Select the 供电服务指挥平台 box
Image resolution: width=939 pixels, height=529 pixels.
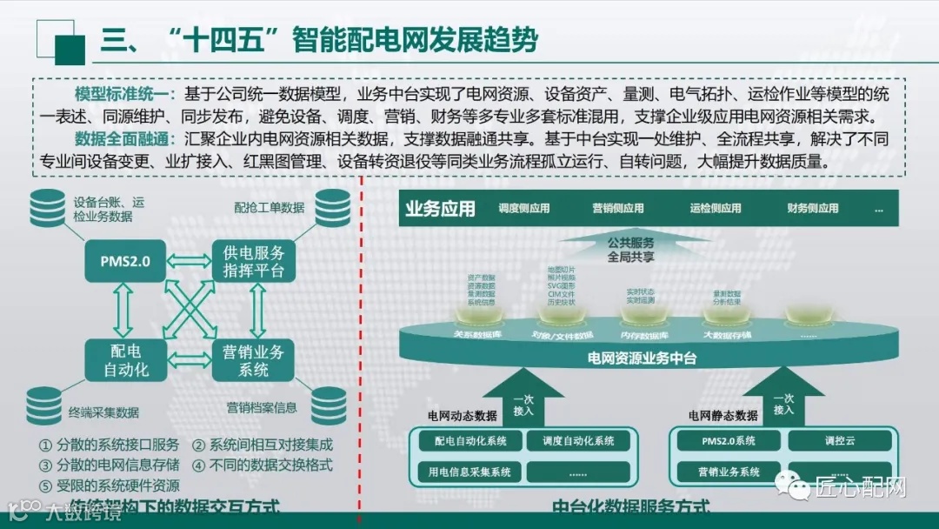[253, 260]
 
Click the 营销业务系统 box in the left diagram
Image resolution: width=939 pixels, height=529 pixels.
[253, 360]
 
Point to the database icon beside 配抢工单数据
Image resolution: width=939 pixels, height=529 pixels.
[332, 209]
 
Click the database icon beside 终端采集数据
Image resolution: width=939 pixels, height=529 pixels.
[45, 405]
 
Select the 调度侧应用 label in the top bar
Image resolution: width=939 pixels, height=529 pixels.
[523, 209]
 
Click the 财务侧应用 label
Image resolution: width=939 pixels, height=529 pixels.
[812, 209]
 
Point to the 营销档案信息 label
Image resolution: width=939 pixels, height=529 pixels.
[262, 407]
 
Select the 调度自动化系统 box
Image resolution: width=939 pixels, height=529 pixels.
[577, 441]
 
